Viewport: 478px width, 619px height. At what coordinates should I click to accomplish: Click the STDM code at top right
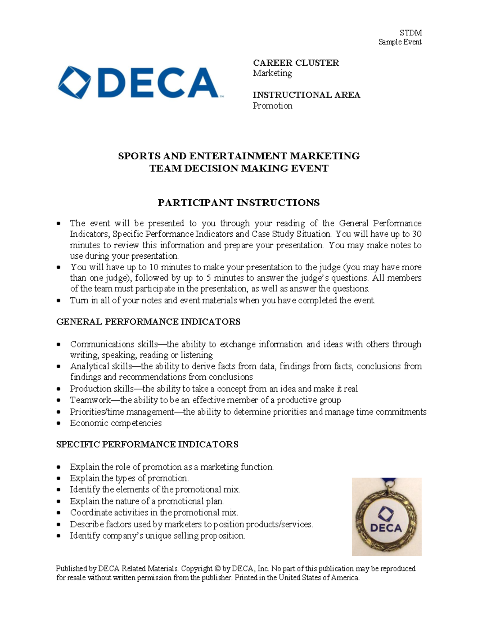tap(410, 33)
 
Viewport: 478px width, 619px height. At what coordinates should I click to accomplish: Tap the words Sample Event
tap(400, 42)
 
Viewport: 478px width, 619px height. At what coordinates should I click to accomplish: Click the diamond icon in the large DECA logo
tap(74, 83)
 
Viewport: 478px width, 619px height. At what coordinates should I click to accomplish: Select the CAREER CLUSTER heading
tap(296, 63)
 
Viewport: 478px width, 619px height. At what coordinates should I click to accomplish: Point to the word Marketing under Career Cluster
tap(272, 73)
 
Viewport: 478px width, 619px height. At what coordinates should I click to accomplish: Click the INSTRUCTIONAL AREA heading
tap(306, 95)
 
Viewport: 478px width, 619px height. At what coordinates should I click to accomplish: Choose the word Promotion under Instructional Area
tap(272, 106)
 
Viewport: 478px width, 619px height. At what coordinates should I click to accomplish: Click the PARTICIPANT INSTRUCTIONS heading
tap(239, 202)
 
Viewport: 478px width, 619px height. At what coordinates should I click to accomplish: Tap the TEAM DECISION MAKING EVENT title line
tap(239, 168)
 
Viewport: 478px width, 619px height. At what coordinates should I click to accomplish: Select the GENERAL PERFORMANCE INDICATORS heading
tap(148, 322)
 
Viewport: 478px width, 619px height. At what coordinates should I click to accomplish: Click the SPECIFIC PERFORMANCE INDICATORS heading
tap(147, 444)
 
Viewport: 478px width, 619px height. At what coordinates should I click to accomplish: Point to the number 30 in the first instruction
tap(416, 234)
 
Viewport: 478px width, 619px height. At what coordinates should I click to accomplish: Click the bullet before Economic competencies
tap(59, 423)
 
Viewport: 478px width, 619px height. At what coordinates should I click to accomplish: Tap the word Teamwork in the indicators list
tap(90, 400)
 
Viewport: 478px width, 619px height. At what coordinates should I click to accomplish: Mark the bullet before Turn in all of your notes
tap(59, 301)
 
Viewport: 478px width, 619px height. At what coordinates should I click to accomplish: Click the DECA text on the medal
tap(386, 528)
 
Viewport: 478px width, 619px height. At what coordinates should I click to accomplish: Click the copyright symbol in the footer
tap(217, 569)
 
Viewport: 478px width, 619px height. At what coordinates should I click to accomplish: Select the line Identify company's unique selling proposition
tap(157, 536)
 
